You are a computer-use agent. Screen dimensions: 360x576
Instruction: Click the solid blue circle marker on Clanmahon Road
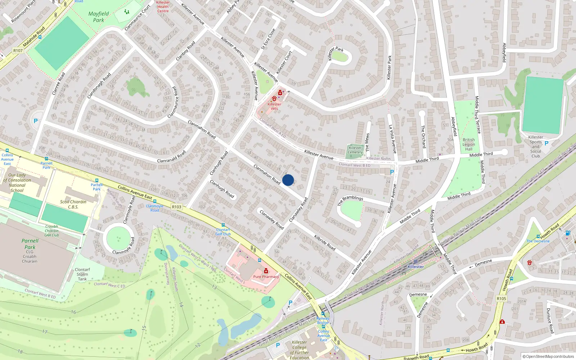tap(288, 180)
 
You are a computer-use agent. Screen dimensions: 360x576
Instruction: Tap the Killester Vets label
tap(274, 106)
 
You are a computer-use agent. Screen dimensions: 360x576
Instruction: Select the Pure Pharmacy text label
tap(266, 277)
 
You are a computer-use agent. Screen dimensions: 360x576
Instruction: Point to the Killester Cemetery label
tap(355, 150)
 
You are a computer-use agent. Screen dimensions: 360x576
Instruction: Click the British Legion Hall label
tap(469, 144)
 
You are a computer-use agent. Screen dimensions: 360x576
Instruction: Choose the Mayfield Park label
tap(98, 17)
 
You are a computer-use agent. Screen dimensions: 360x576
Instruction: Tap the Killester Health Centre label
tap(163, 6)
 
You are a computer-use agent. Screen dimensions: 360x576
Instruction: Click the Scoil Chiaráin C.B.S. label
tap(73, 204)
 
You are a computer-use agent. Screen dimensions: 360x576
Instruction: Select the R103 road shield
tap(177, 207)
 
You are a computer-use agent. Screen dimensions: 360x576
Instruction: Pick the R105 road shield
tap(501, 298)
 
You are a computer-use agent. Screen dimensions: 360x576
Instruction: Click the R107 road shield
tap(18, 51)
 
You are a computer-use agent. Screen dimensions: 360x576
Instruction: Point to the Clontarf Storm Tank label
tap(82, 274)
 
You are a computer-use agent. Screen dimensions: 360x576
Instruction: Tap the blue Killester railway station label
tap(416, 267)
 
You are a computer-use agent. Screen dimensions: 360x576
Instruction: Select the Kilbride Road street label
tap(325, 243)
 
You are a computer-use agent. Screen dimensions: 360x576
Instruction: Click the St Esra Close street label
tap(268, 39)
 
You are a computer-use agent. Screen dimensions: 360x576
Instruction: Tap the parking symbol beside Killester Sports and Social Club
tap(546, 143)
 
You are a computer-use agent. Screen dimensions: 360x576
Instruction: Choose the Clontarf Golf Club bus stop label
tap(223, 232)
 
